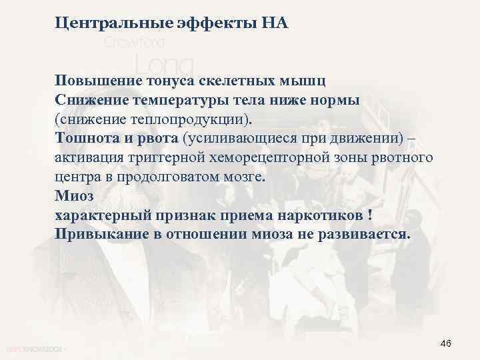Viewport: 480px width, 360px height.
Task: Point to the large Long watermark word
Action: (x=163, y=65)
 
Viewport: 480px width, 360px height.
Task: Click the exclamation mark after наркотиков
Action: (x=369, y=216)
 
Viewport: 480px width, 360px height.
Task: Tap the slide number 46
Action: (x=446, y=343)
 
